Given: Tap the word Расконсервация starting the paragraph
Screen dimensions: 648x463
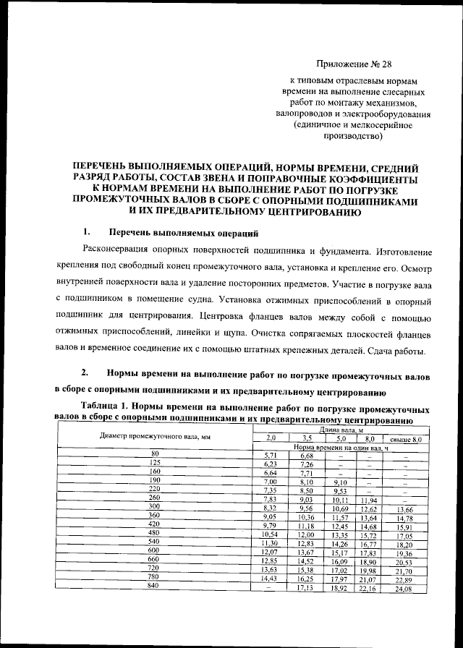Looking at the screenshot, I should point(116,252).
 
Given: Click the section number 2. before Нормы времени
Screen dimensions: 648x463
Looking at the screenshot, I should point(85,374).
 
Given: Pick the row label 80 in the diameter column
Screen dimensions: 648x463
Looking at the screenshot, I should point(154,454).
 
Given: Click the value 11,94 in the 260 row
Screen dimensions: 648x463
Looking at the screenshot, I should point(369,500).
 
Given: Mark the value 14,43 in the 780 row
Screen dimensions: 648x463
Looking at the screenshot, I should point(271,580).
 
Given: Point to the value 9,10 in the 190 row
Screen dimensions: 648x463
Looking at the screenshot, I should point(339,482).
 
